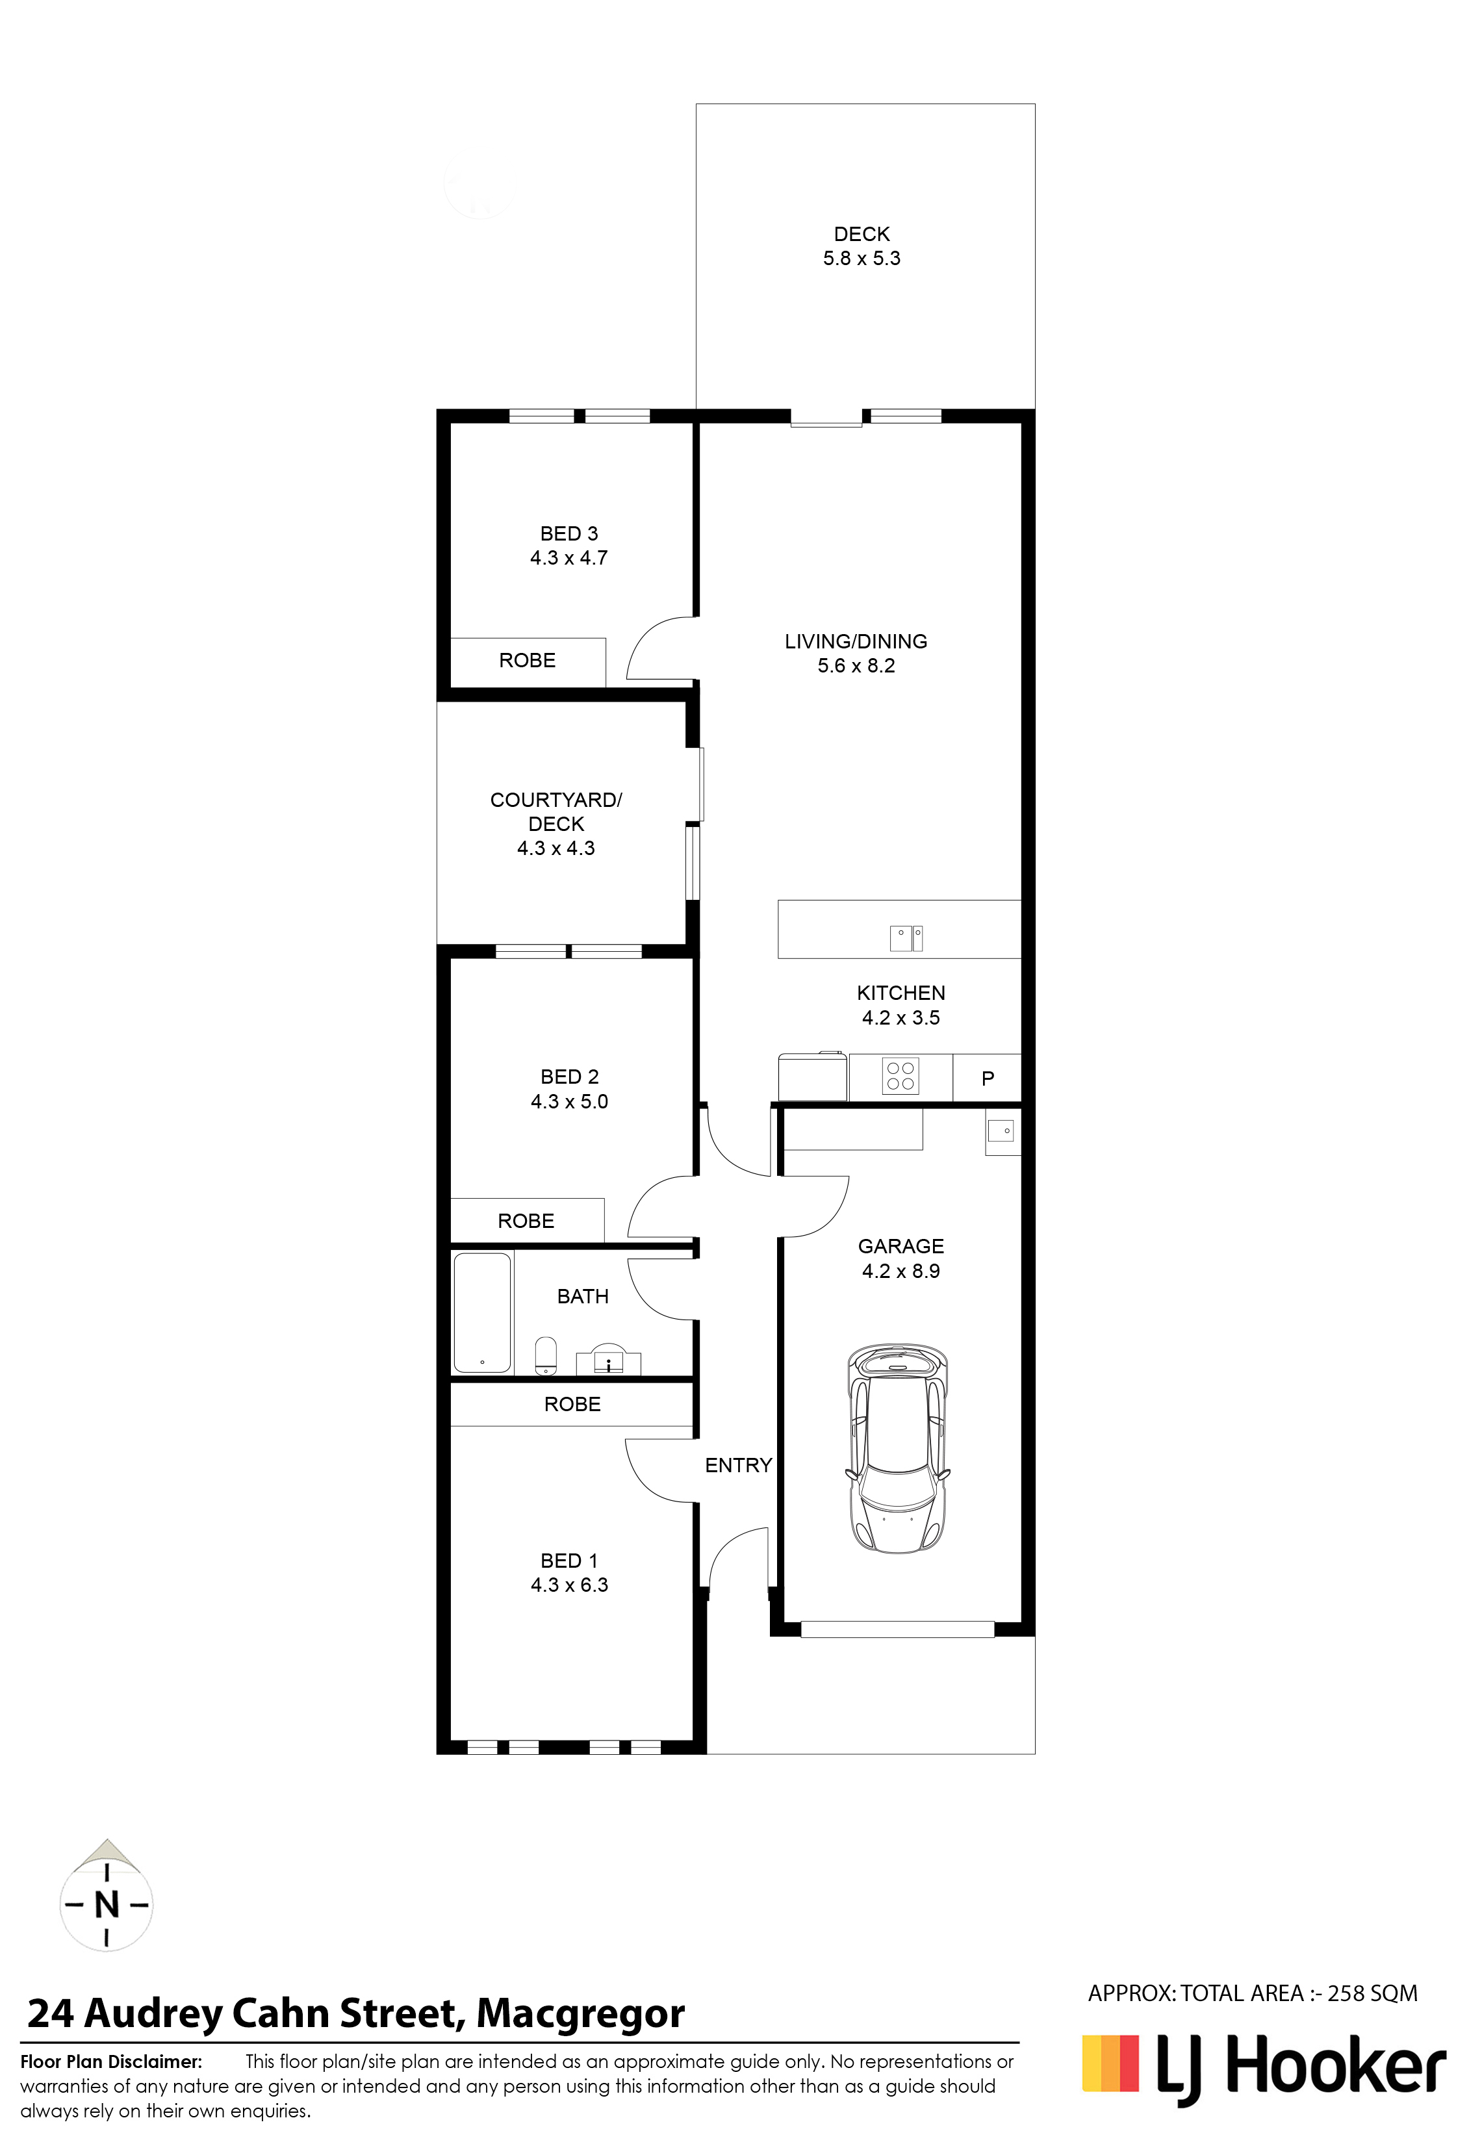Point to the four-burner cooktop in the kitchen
900,1077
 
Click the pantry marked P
988,1078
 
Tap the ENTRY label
738,1465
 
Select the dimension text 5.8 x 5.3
862,259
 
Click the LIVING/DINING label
856,641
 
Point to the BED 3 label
569,533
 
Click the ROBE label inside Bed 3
528,661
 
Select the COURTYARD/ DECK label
556,812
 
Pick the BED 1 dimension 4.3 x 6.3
569,1585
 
